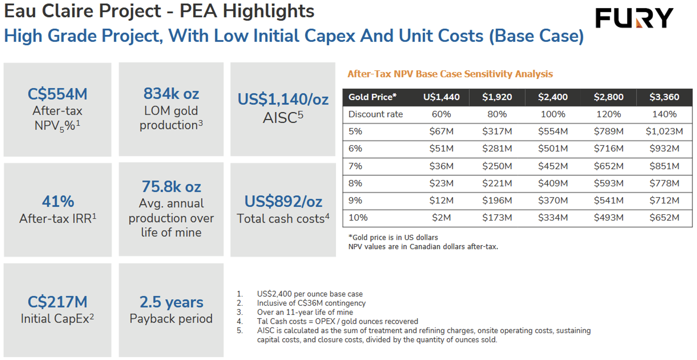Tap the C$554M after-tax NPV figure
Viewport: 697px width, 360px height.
(57, 94)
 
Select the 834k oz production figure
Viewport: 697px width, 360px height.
(171, 94)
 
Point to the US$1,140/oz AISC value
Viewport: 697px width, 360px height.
(283, 99)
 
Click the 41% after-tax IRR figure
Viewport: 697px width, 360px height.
(58, 201)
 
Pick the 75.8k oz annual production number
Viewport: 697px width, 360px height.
(171, 187)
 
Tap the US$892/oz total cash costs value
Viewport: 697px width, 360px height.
(283, 201)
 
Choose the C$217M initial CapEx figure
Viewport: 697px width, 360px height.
(57, 302)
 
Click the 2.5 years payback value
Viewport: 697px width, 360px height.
(171, 302)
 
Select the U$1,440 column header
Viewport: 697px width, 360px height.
(441, 97)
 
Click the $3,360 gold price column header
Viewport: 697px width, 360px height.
(664, 97)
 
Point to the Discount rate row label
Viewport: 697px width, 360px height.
(375, 114)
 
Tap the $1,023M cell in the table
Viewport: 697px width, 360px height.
(664, 131)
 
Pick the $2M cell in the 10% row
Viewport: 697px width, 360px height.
(441, 218)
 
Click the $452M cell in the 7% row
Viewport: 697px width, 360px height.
(553, 166)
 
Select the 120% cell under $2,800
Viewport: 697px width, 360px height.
(609, 114)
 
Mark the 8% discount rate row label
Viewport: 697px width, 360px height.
(355, 183)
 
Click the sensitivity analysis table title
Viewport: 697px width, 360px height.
(450, 74)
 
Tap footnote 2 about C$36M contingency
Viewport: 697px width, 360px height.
(311, 303)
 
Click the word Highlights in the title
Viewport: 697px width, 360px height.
(268, 11)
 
